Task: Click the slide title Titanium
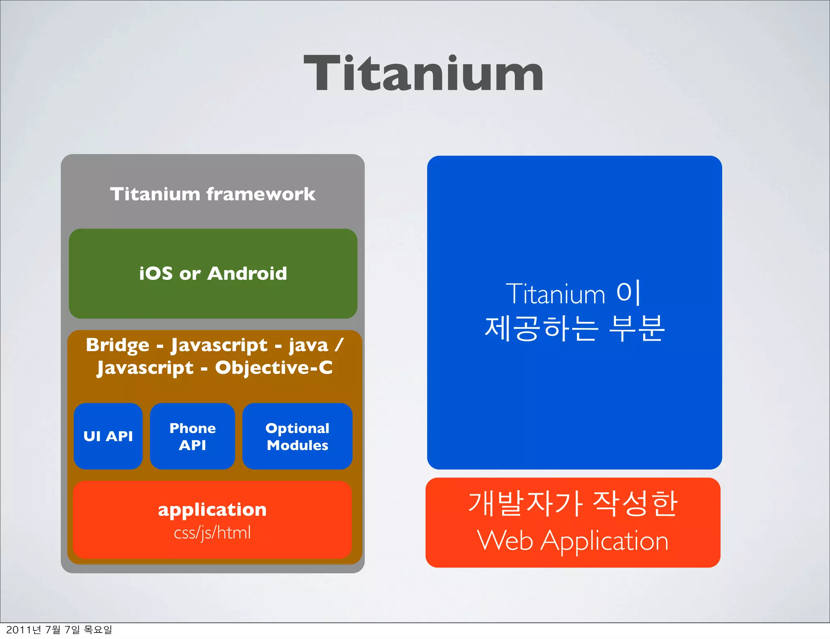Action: click(x=424, y=74)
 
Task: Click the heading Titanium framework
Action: click(x=213, y=194)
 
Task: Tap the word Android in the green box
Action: click(x=247, y=274)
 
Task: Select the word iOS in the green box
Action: click(x=156, y=274)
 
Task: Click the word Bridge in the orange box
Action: click(x=118, y=345)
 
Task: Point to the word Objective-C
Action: click(x=274, y=368)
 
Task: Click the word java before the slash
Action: click(x=308, y=346)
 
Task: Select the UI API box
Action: click(x=108, y=436)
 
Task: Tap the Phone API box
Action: click(x=193, y=436)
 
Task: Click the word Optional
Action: click(x=297, y=428)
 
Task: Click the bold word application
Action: click(x=212, y=510)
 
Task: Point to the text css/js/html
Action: click(x=212, y=533)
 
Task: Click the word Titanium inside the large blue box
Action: click(x=555, y=294)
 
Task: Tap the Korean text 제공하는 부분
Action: click(x=574, y=328)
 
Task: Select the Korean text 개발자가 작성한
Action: click(x=573, y=504)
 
